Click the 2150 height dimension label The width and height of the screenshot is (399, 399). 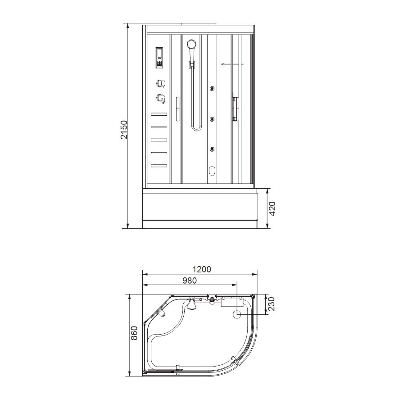[x=124, y=130]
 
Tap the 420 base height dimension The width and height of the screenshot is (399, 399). [x=272, y=209]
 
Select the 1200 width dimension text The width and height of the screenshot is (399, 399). [x=202, y=269]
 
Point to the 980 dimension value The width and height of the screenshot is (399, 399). [x=190, y=281]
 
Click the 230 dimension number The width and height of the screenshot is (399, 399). [x=272, y=304]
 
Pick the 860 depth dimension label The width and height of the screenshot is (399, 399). [x=134, y=333]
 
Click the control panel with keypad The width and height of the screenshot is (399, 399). [x=159, y=58]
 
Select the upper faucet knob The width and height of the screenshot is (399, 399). [x=161, y=83]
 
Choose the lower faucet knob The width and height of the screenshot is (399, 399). [x=161, y=99]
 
